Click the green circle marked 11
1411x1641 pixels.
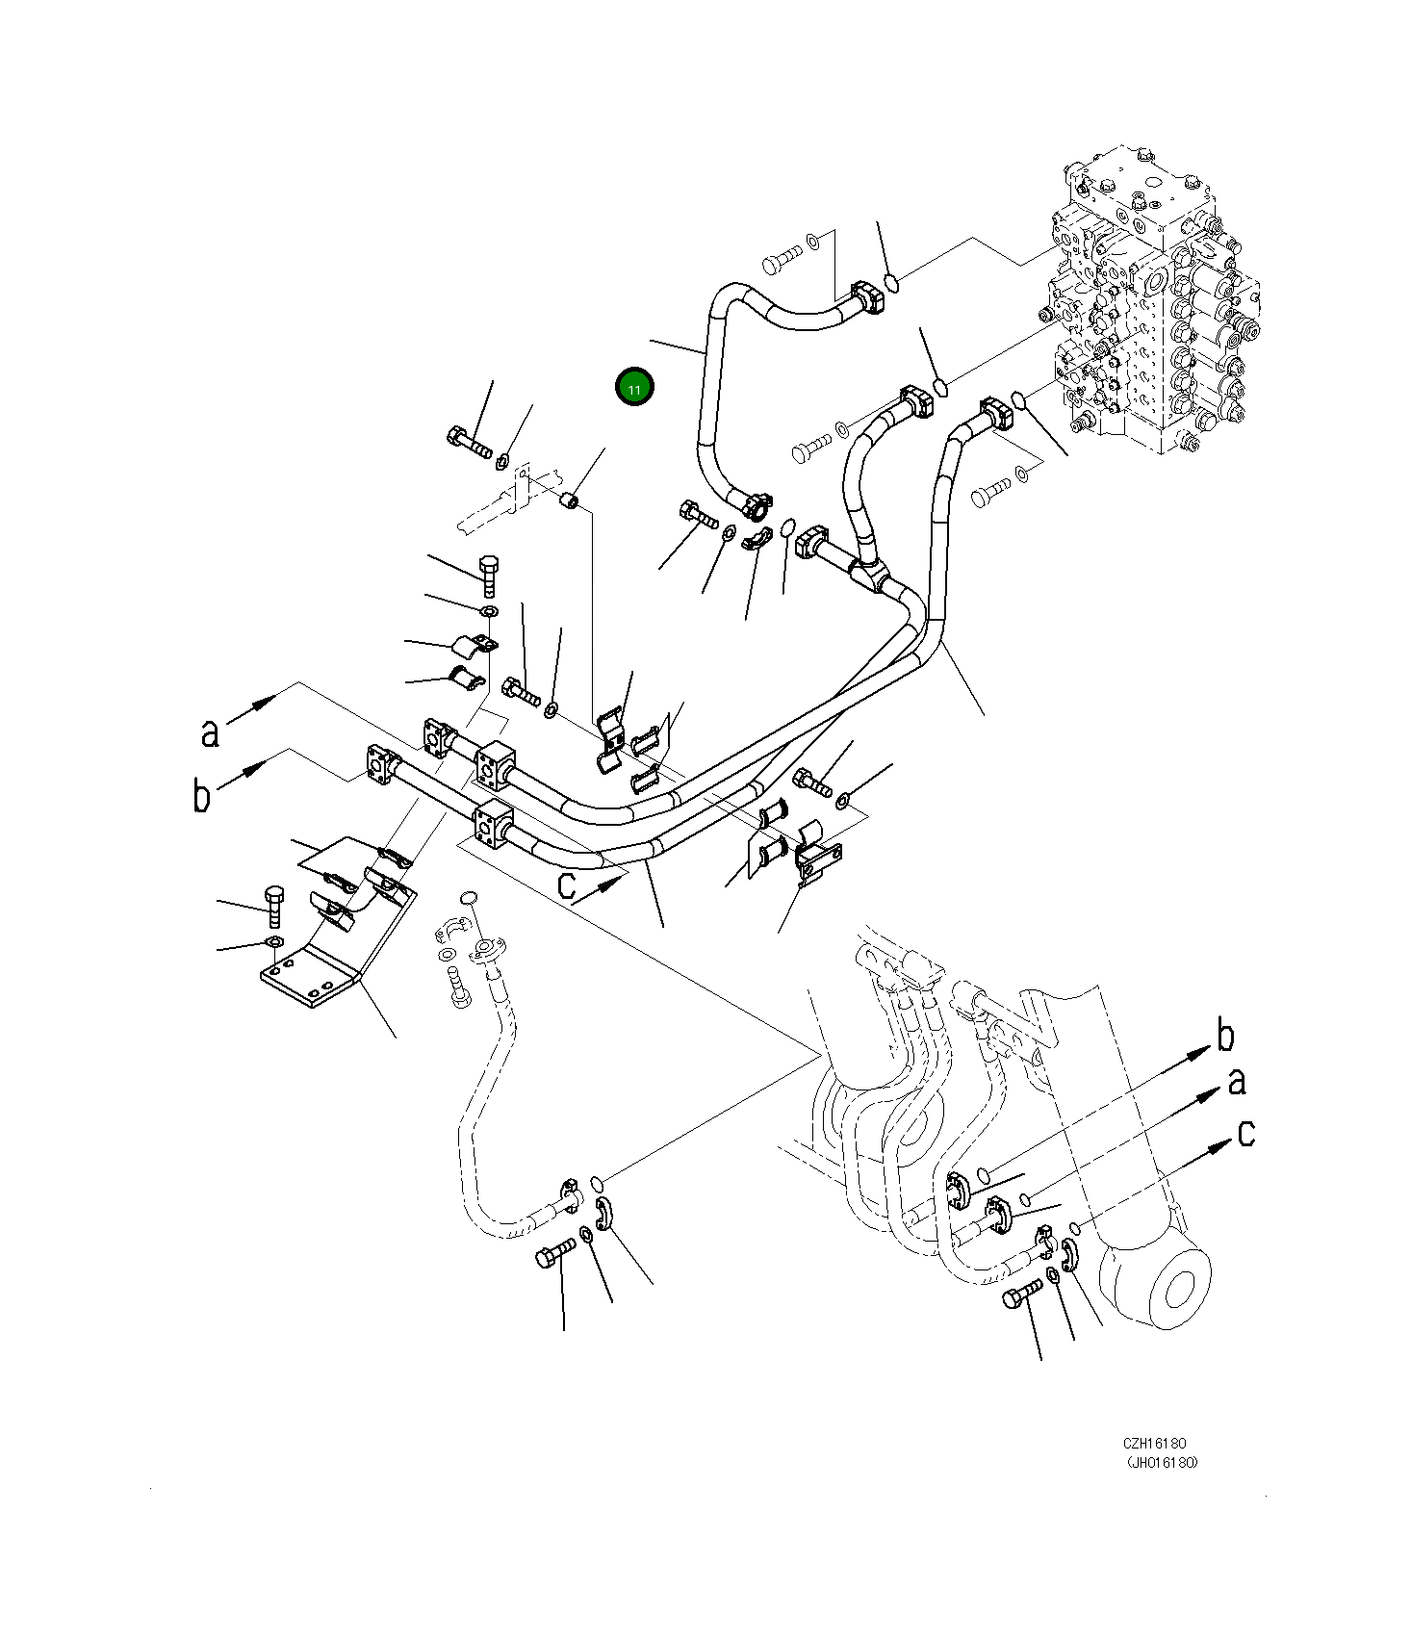(634, 388)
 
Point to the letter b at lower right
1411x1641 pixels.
(1224, 1036)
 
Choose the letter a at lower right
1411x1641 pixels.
(1237, 1082)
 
